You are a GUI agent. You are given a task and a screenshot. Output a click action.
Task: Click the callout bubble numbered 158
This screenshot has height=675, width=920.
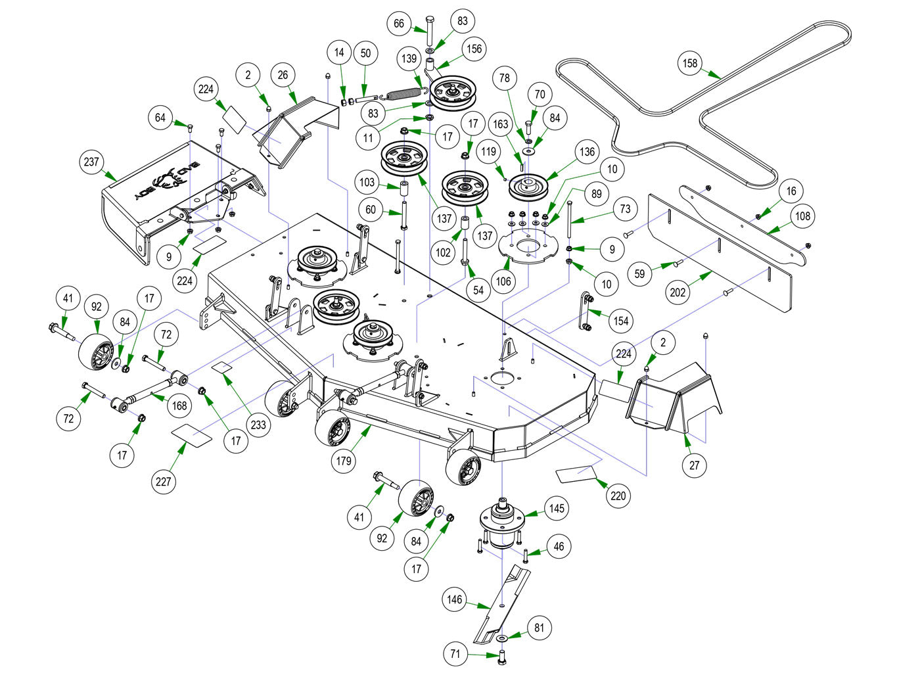click(x=690, y=63)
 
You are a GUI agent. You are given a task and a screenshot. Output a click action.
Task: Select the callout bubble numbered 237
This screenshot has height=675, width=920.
click(x=91, y=162)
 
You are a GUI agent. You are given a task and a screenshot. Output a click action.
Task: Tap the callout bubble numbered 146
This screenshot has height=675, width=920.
click(x=455, y=599)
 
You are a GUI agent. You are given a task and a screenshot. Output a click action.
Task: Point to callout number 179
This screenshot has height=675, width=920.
click(x=344, y=461)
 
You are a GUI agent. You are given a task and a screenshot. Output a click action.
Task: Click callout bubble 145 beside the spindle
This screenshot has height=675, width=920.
click(x=557, y=508)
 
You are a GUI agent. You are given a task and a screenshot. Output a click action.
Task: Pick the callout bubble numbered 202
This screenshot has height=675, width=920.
click(x=678, y=292)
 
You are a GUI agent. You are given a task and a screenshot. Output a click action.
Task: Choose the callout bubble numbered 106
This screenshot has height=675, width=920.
click(x=503, y=281)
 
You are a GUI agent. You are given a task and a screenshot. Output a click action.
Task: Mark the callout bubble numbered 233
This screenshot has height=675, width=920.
click(x=258, y=425)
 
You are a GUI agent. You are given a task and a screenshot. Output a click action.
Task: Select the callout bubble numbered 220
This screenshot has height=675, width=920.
click(x=618, y=496)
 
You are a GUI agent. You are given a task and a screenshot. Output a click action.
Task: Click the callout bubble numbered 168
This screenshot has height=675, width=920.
click(x=179, y=406)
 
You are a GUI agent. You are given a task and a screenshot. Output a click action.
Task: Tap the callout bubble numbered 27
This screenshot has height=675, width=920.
click(x=695, y=465)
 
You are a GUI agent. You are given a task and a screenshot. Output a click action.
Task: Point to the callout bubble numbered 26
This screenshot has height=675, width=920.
click(x=283, y=75)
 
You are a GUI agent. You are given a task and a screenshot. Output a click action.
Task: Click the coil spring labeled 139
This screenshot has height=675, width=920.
click(x=403, y=94)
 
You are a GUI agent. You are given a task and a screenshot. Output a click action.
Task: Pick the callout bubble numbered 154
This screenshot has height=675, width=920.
click(x=620, y=321)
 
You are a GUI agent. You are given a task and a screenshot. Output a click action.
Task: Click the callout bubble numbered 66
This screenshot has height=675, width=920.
click(x=399, y=24)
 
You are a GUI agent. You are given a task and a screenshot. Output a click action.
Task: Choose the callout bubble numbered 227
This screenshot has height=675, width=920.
click(x=163, y=481)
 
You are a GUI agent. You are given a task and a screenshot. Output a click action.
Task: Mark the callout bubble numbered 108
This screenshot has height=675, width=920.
click(x=803, y=216)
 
